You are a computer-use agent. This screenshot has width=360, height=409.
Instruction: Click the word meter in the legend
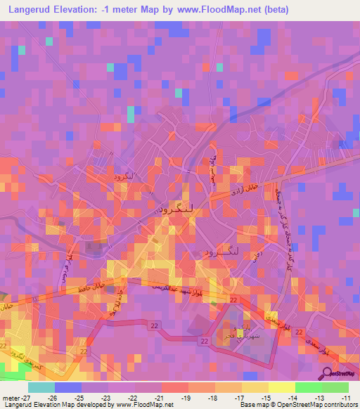(x=8, y=398)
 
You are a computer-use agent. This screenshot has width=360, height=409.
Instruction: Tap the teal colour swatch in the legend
(x=41, y=387)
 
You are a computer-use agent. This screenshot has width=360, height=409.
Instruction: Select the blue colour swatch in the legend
(x=67, y=387)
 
